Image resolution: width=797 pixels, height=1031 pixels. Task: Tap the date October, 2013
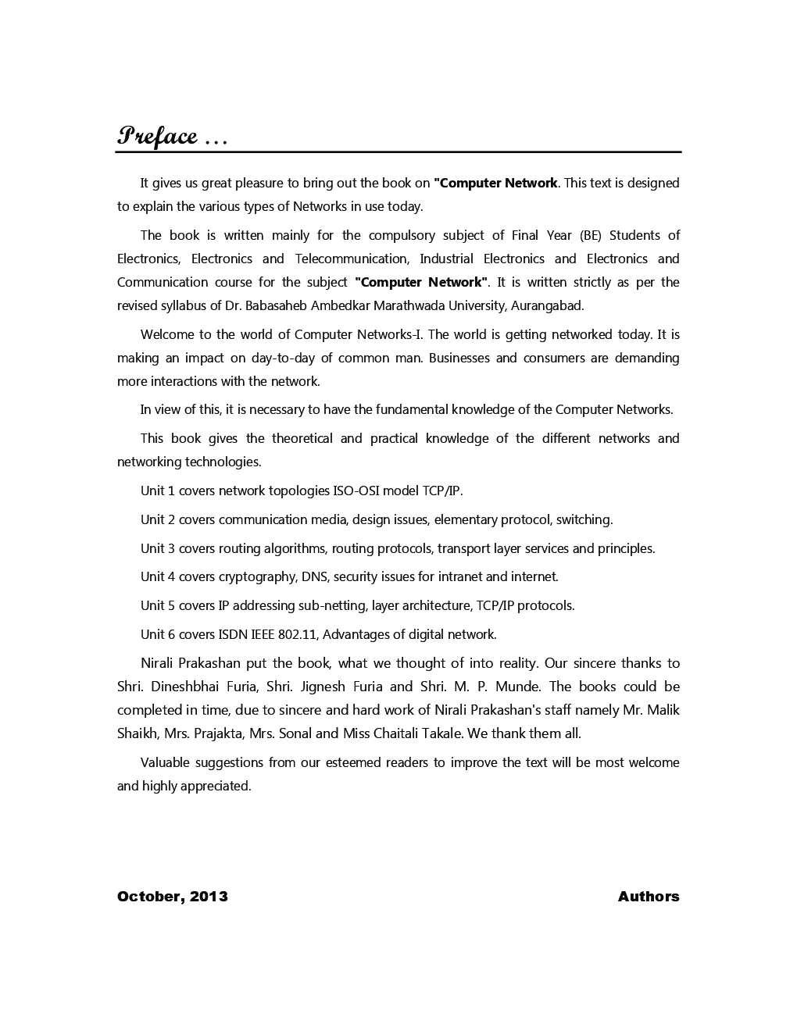pos(173,896)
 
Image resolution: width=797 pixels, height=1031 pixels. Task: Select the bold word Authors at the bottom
pos(648,896)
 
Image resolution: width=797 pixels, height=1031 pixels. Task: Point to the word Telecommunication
pos(352,259)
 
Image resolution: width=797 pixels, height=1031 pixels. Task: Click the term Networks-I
pos(389,334)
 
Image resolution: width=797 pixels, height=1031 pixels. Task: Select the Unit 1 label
pos(158,491)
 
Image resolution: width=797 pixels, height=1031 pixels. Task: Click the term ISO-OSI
pos(356,491)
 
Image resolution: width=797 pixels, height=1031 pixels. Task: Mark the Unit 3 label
pos(158,548)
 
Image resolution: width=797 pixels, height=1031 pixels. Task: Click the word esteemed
pos(352,762)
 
